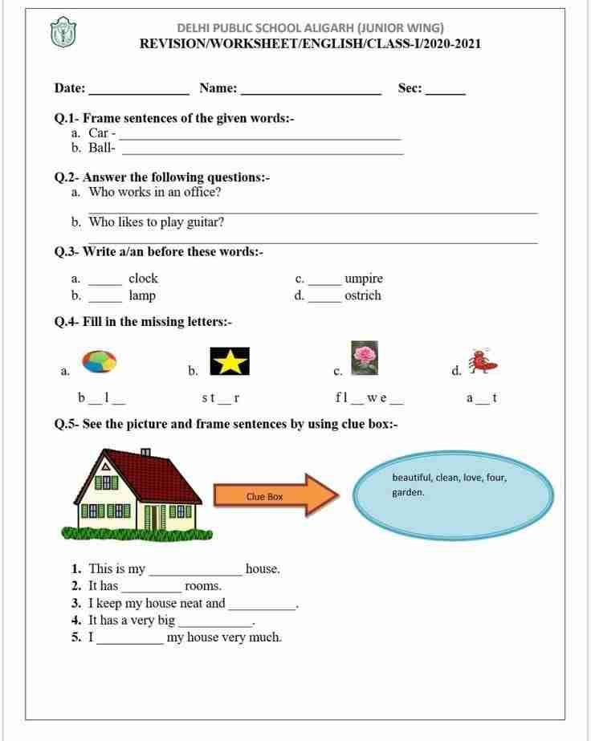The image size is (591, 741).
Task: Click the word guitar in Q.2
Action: click(x=206, y=222)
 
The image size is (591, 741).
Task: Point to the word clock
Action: click(x=143, y=279)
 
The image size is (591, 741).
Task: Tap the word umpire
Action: click(x=363, y=279)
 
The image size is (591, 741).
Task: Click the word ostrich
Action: click(x=362, y=295)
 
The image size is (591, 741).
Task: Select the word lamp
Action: click(x=142, y=295)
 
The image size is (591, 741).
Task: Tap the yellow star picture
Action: click(x=230, y=361)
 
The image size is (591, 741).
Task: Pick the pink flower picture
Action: click(x=365, y=356)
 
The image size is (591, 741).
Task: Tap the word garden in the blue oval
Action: click(x=408, y=493)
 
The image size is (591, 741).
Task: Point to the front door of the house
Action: click(x=149, y=517)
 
